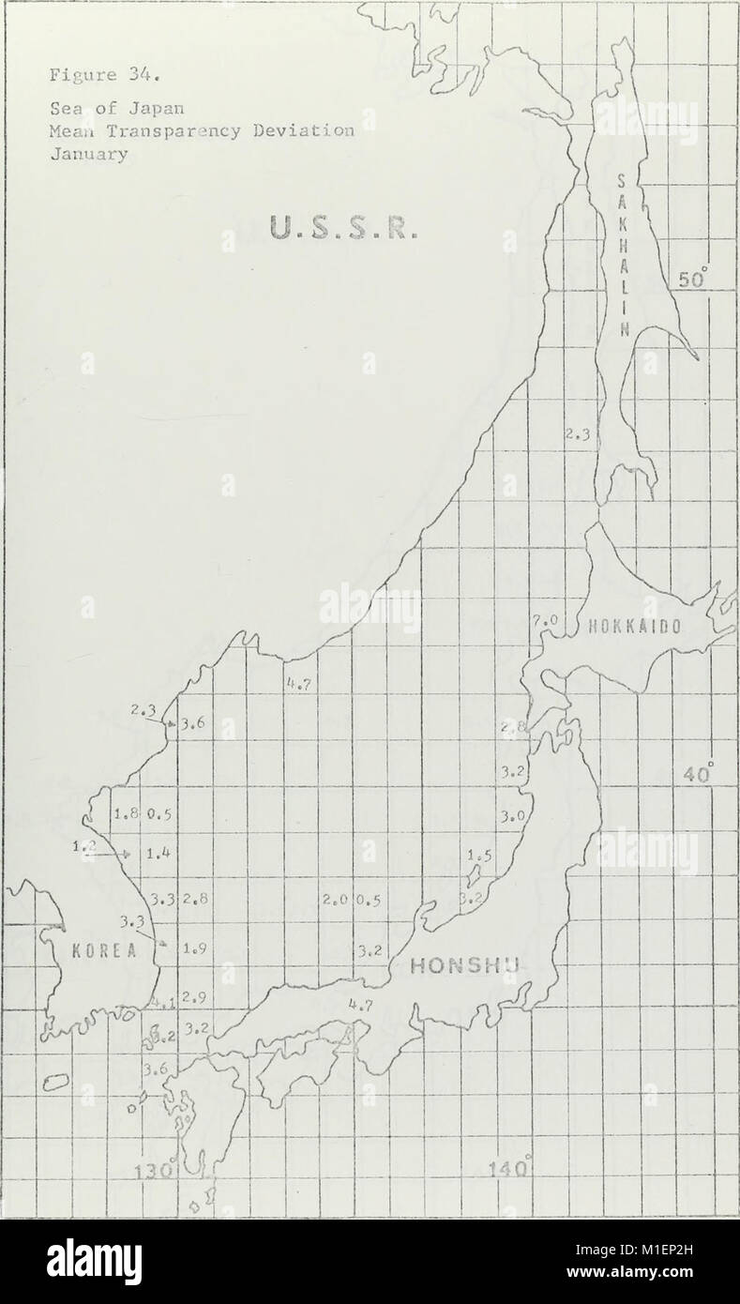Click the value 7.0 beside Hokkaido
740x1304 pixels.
[x=545, y=621]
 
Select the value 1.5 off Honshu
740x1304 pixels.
[x=478, y=856]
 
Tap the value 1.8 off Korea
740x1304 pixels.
[x=126, y=813]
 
